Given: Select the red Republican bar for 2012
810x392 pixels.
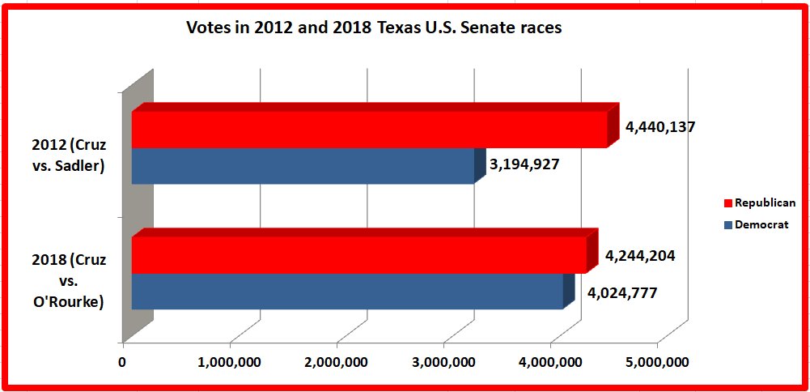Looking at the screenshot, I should point(368,130).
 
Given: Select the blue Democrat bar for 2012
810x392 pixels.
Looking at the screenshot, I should point(302,165).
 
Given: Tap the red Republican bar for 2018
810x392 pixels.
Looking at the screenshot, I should point(358,255).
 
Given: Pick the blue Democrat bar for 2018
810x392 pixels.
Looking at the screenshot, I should point(346,291).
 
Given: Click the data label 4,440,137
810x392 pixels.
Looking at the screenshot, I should point(660,127).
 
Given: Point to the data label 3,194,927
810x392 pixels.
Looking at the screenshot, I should point(524,164).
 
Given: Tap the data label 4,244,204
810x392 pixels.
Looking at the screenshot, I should point(640,255).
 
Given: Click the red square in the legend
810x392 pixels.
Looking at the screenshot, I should point(727,203).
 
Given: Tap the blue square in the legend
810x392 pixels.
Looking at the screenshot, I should point(727,224).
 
